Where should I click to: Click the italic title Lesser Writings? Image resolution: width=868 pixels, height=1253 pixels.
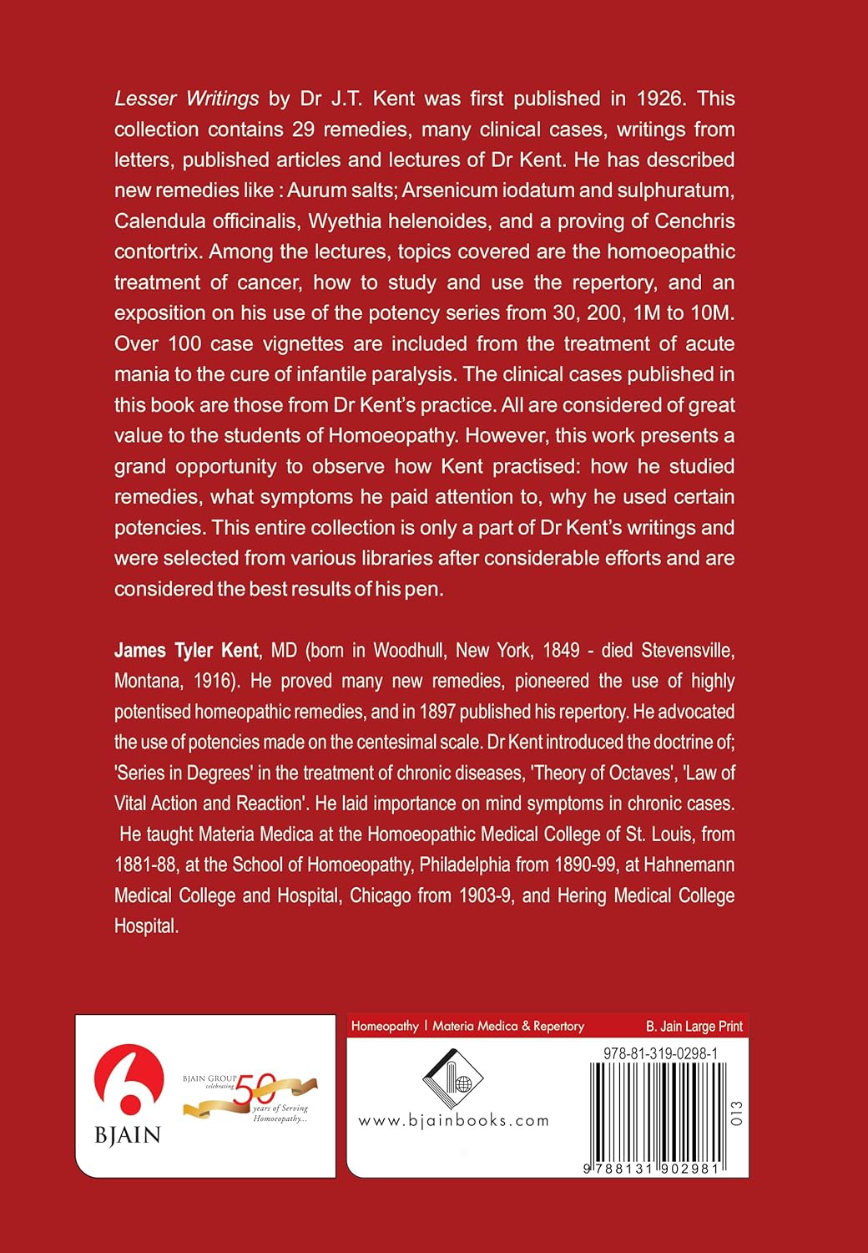click(x=186, y=99)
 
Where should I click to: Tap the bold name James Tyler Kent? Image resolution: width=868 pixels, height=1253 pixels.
click(x=186, y=651)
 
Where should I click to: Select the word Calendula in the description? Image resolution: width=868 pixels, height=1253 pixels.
click(x=157, y=221)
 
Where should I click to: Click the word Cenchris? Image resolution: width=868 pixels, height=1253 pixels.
click(x=694, y=221)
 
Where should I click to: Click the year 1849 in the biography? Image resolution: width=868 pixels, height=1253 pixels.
click(x=562, y=651)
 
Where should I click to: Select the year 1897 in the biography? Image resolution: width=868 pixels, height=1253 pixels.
click(x=482, y=712)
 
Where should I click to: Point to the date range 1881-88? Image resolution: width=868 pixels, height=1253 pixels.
click(x=145, y=865)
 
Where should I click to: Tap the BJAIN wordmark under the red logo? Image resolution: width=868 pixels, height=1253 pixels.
click(x=128, y=1135)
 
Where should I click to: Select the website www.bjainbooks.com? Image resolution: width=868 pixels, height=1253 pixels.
click(x=453, y=1121)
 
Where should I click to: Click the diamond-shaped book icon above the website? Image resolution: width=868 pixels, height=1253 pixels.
click(x=453, y=1078)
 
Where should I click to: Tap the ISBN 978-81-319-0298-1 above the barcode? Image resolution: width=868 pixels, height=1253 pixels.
click(x=660, y=1054)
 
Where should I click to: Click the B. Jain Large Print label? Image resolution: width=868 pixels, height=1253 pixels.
click(x=694, y=1026)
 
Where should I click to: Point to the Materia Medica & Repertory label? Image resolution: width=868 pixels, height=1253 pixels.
click(x=508, y=1026)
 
